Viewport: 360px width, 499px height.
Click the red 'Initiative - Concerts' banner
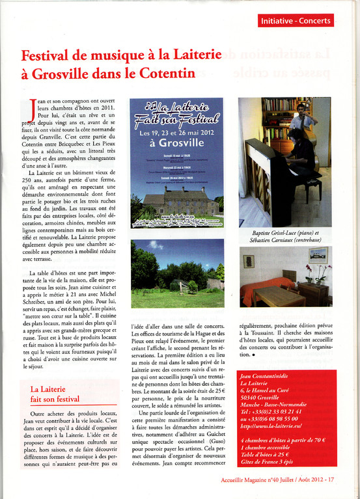pyautogui.click(x=296, y=21)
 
